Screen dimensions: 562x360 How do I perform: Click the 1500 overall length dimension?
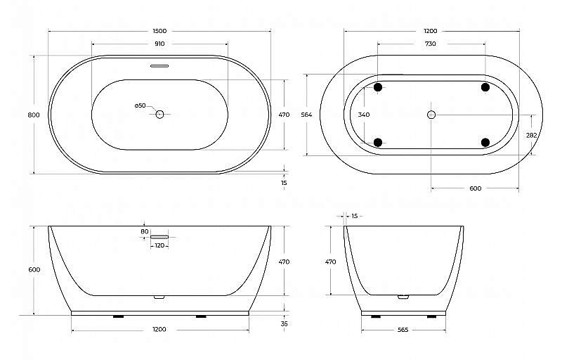click(x=159, y=31)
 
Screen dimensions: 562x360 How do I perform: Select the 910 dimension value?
click(x=159, y=44)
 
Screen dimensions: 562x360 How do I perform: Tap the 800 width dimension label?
click(x=34, y=115)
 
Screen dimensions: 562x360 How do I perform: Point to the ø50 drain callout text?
click(x=140, y=105)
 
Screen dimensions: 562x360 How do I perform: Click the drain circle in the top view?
click(x=159, y=115)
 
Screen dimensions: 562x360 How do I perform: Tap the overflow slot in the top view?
click(x=159, y=66)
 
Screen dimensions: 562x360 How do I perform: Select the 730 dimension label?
click(x=430, y=44)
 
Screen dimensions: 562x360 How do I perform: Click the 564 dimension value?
click(x=306, y=115)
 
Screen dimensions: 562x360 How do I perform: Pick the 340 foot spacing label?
click(x=364, y=115)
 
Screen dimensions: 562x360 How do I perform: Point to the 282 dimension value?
click(x=532, y=135)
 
